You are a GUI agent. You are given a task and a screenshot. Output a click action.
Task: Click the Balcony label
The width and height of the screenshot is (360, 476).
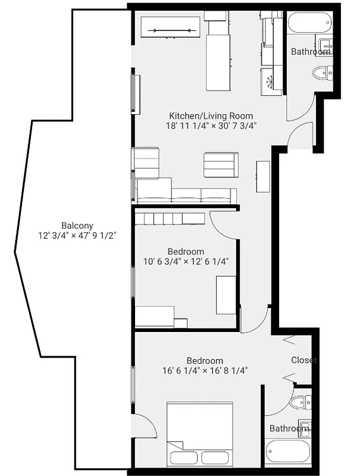[x=77, y=225]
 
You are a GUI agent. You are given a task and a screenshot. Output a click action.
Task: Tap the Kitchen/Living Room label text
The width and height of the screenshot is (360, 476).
[x=211, y=116]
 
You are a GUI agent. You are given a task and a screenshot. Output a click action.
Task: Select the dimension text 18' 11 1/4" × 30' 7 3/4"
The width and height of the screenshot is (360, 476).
[x=211, y=126]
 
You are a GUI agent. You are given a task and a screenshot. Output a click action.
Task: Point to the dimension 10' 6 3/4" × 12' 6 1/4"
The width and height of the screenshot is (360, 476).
[x=186, y=261]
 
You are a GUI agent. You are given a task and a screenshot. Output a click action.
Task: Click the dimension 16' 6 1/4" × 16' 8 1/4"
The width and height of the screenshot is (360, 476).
[x=205, y=370]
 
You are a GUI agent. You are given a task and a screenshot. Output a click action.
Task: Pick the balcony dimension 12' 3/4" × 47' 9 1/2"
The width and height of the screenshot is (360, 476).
[x=77, y=235]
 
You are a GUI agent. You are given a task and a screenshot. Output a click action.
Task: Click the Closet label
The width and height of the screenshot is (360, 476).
[x=303, y=361]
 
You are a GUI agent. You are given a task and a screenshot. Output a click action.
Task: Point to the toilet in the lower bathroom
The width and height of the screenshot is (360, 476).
[x=299, y=403]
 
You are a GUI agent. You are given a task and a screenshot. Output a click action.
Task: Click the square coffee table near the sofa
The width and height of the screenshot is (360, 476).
[x=221, y=165]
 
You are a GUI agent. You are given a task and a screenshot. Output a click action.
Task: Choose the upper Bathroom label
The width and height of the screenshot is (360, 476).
[x=311, y=52]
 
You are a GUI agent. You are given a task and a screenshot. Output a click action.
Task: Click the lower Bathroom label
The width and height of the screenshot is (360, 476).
[x=289, y=428]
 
